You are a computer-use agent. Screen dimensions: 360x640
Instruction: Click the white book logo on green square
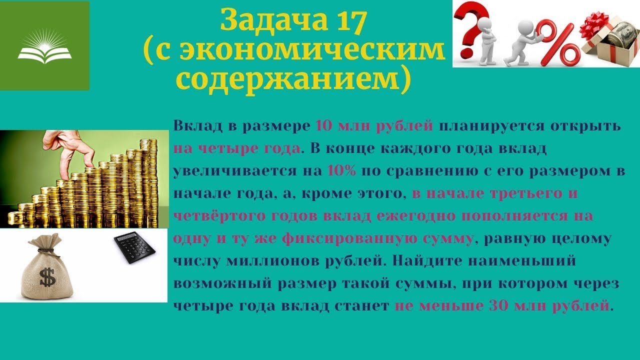[x=44, y=48]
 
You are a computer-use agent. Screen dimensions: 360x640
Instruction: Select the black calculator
[x=134, y=247]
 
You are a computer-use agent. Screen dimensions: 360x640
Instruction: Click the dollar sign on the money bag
[x=48, y=278]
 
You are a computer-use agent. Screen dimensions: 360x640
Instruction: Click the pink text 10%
[x=342, y=170]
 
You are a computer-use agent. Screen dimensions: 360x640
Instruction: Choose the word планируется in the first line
[x=484, y=126]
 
